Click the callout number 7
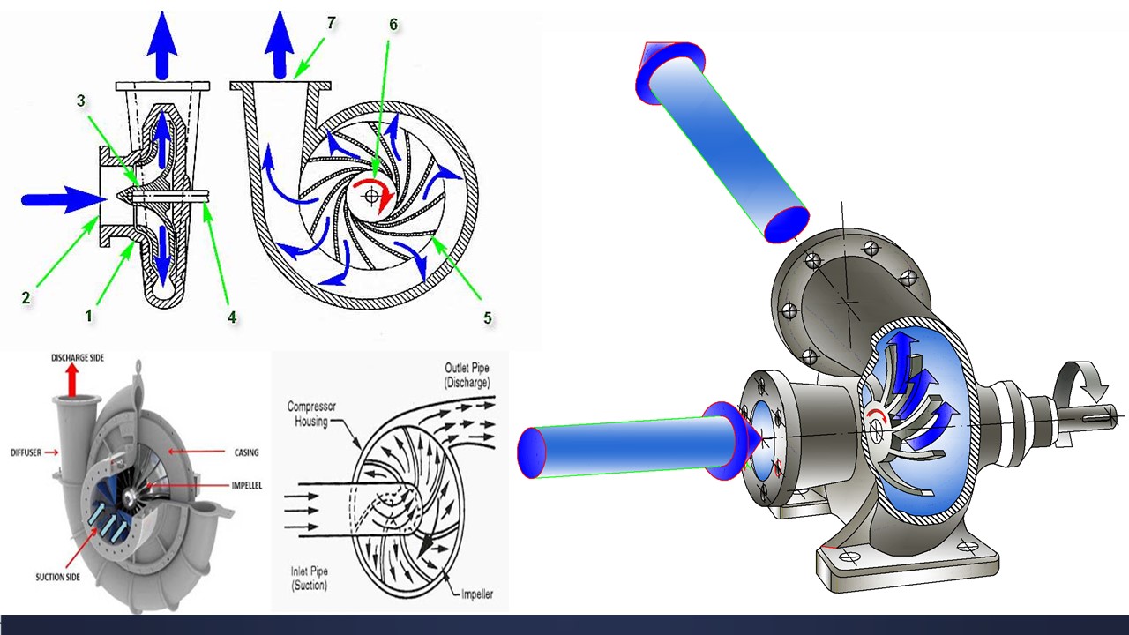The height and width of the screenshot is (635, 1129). pyautogui.click(x=331, y=23)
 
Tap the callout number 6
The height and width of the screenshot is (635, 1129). pyautogui.click(x=393, y=24)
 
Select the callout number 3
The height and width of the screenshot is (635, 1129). pyautogui.click(x=81, y=101)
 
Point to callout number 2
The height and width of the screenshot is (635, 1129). pyautogui.click(x=26, y=297)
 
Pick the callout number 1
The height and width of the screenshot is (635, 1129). pyautogui.click(x=89, y=316)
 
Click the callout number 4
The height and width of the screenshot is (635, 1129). pyautogui.click(x=232, y=317)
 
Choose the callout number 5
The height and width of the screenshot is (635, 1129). pyautogui.click(x=488, y=317)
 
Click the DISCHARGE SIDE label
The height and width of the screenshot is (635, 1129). pyautogui.click(x=77, y=358)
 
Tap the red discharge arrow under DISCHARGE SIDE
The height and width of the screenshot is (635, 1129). pyautogui.click(x=72, y=380)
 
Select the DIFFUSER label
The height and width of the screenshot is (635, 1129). pyautogui.click(x=26, y=452)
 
